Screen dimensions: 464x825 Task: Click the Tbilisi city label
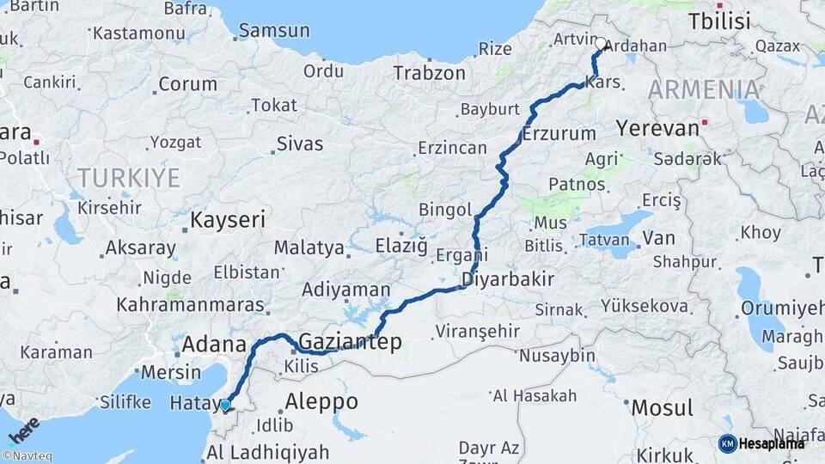(x=719, y=21)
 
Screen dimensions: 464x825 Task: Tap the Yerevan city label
(x=657, y=129)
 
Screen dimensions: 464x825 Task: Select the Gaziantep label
(x=350, y=342)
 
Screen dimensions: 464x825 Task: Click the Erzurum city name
(x=559, y=134)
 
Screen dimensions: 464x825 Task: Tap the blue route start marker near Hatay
(x=225, y=405)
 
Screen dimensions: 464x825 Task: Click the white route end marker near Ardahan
(x=600, y=42)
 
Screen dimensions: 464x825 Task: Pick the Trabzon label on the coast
(x=429, y=73)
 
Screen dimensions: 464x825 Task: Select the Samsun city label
(x=273, y=31)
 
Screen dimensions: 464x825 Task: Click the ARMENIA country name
(x=704, y=89)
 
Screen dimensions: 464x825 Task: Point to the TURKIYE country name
(x=129, y=178)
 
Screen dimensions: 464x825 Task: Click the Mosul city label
(x=663, y=407)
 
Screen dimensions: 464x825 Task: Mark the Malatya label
(x=309, y=248)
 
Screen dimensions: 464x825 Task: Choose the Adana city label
(x=210, y=345)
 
